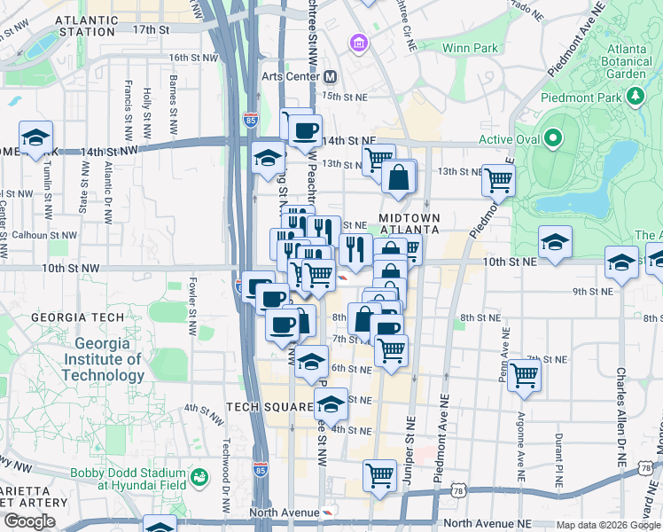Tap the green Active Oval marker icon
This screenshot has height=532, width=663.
coord(554,138)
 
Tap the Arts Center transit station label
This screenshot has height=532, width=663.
coord(291,76)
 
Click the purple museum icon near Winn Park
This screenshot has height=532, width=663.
coord(359,43)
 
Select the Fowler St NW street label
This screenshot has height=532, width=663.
coord(191,309)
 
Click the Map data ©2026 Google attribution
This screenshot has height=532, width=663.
coord(607,525)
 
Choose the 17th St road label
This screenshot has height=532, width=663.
coord(151,29)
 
